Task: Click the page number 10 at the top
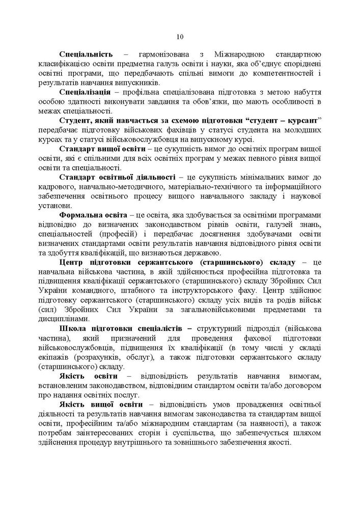point(180,36)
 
